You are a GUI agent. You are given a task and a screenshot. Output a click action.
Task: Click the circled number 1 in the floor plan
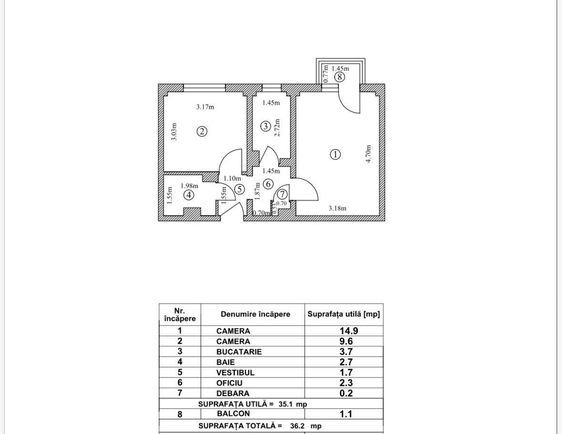(x=336, y=154)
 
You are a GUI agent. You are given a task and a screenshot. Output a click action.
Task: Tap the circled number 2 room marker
(x=202, y=131)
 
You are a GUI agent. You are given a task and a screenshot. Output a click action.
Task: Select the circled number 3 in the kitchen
(x=266, y=126)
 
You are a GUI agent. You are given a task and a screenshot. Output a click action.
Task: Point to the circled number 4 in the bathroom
(x=189, y=195)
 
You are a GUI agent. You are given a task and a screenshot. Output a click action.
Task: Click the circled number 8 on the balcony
(x=339, y=76)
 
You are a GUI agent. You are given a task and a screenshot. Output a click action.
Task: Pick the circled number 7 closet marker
(x=282, y=194)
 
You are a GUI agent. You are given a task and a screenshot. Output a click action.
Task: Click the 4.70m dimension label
(x=368, y=154)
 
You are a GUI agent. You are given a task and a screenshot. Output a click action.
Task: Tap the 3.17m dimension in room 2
(x=205, y=107)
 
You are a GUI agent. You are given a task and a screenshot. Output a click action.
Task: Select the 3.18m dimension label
(x=337, y=208)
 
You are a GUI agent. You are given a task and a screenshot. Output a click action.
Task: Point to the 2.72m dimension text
(x=277, y=128)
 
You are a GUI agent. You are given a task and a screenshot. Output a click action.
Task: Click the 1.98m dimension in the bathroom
(x=189, y=186)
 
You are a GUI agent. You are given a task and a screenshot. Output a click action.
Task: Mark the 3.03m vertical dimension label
(x=174, y=132)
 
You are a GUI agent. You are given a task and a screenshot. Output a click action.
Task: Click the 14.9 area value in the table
(x=348, y=331)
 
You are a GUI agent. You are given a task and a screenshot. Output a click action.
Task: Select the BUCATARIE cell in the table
(x=239, y=351)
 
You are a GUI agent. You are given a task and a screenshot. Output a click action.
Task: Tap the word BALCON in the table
(x=233, y=414)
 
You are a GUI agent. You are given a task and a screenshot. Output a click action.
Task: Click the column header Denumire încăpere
(x=255, y=314)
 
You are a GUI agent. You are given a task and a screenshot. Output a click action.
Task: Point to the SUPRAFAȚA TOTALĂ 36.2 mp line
(x=260, y=425)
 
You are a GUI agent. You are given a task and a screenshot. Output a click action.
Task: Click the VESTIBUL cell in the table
(x=235, y=372)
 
